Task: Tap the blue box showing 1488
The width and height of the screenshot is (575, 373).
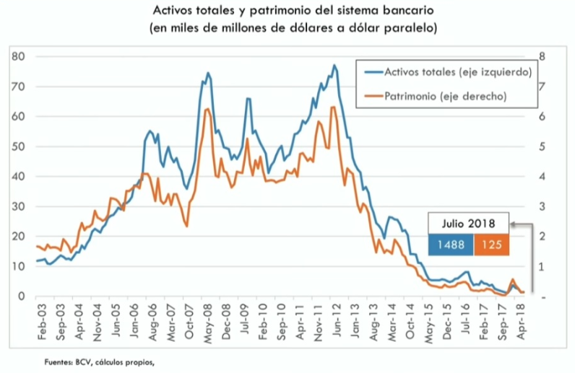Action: [x=450, y=245]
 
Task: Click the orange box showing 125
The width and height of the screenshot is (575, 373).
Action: [x=492, y=245]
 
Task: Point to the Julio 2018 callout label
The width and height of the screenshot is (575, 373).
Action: [x=468, y=222]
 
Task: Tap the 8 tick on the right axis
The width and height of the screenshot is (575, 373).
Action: [x=543, y=56]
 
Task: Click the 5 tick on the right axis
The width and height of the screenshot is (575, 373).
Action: [x=543, y=146]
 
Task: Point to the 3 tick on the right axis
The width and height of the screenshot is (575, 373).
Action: [x=543, y=207]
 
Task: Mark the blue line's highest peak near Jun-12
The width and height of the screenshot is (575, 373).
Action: [x=334, y=66]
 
